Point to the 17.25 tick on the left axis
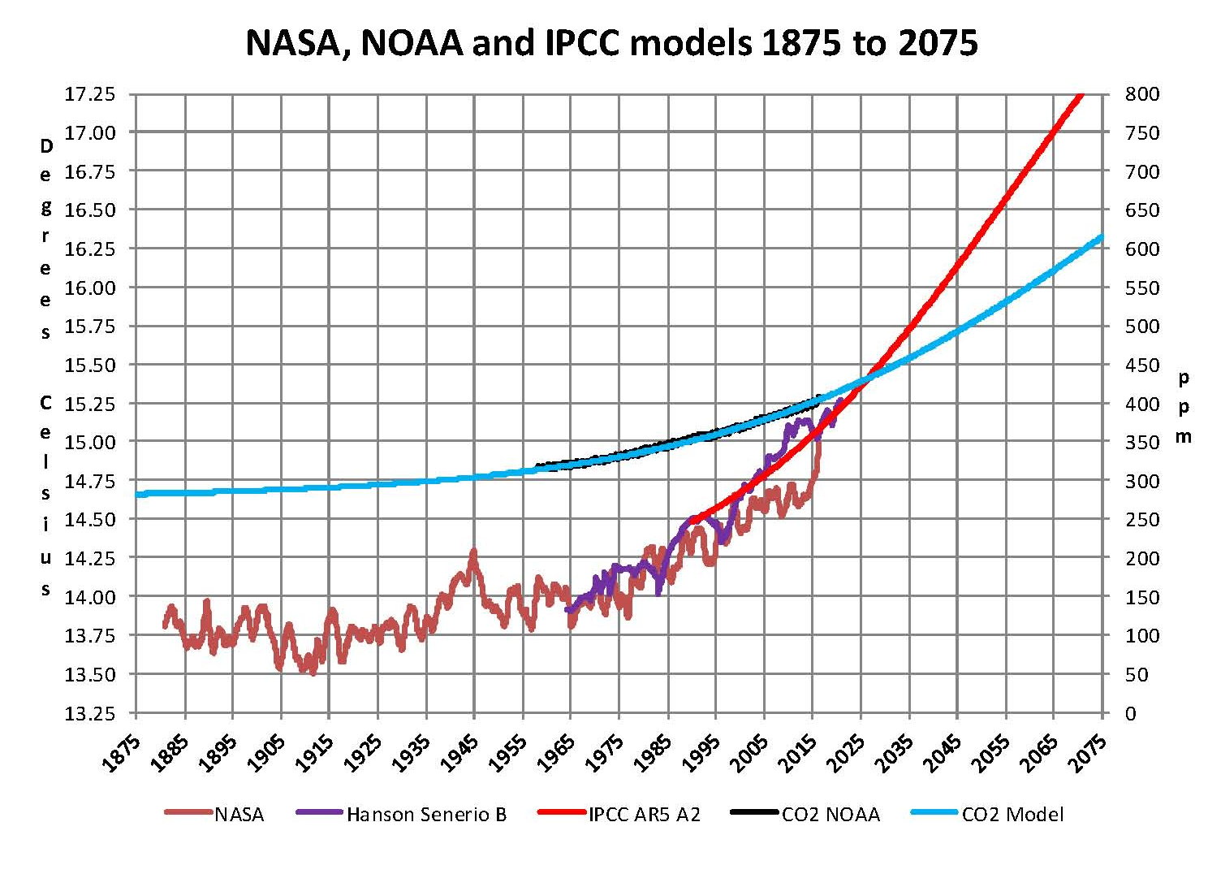[90, 94]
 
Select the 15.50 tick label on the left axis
[90, 365]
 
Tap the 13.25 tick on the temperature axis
[90, 713]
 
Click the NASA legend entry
[239, 814]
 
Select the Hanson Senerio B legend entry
[425, 814]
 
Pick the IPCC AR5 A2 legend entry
[644, 814]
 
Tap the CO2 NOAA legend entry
[830, 814]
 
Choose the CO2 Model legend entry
[1012, 814]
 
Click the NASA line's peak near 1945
[473, 552]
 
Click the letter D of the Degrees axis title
[46, 147]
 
